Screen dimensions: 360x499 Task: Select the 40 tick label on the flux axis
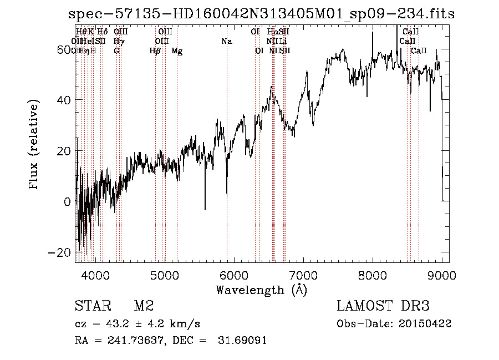click(63, 100)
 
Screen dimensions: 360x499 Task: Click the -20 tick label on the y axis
click(59, 252)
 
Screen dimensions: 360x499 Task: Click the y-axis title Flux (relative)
click(34, 145)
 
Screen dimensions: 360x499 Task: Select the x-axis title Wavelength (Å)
click(261, 290)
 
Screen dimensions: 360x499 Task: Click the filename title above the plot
click(261, 14)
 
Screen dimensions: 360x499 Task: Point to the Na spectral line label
click(226, 42)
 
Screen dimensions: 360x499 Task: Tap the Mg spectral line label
click(177, 51)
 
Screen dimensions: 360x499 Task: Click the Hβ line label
click(155, 51)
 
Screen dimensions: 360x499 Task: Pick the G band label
click(116, 51)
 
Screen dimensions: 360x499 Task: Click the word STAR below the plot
click(91, 306)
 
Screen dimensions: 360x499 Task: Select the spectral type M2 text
click(144, 306)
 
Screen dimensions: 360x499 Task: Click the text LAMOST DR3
click(383, 306)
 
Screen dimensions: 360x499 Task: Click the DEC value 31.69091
click(246, 340)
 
